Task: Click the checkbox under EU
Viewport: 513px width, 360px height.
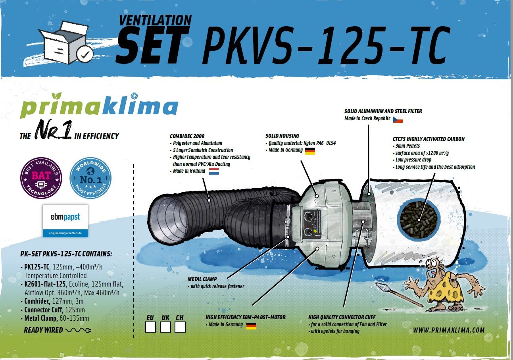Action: [151, 327]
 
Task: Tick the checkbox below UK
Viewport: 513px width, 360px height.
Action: [165, 327]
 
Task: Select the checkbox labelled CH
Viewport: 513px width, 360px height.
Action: [180, 327]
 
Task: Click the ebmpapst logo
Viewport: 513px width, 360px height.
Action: [65, 221]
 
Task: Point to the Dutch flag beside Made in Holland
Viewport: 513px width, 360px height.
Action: [214, 171]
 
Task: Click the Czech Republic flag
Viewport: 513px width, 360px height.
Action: [398, 119]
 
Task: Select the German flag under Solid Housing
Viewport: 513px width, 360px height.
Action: [310, 151]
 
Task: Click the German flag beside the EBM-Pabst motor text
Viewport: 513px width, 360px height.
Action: [251, 325]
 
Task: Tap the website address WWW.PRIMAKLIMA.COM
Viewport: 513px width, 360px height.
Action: [448, 330]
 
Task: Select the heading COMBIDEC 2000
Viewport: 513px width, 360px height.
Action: [188, 136]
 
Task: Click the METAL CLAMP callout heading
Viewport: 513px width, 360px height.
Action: [202, 279]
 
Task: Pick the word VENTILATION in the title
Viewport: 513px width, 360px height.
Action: [156, 20]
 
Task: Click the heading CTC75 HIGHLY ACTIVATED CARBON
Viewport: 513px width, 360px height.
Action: [428, 139]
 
